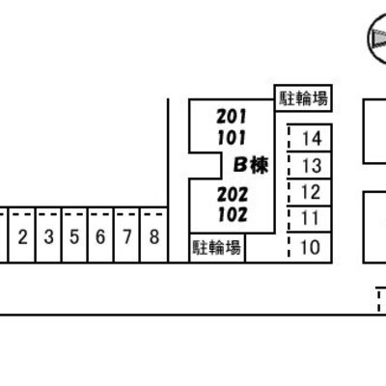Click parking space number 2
click(22, 235)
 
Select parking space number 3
click(48, 235)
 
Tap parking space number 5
click(74, 235)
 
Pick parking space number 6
click(100, 235)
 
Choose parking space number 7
click(127, 235)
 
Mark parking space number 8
click(154, 235)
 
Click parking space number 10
click(310, 247)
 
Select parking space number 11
click(310, 219)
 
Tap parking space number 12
click(310, 192)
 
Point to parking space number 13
click(310, 165)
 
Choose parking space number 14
click(310, 138)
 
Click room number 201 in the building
click(232, 117)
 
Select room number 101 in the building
click(232, 138)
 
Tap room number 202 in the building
click(233, 194)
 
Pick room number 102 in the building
click(233, 215)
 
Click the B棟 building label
click(251, 165)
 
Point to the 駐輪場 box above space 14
click(303, 98)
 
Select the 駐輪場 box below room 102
click(217, 248)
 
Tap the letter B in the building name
click(240, 166)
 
